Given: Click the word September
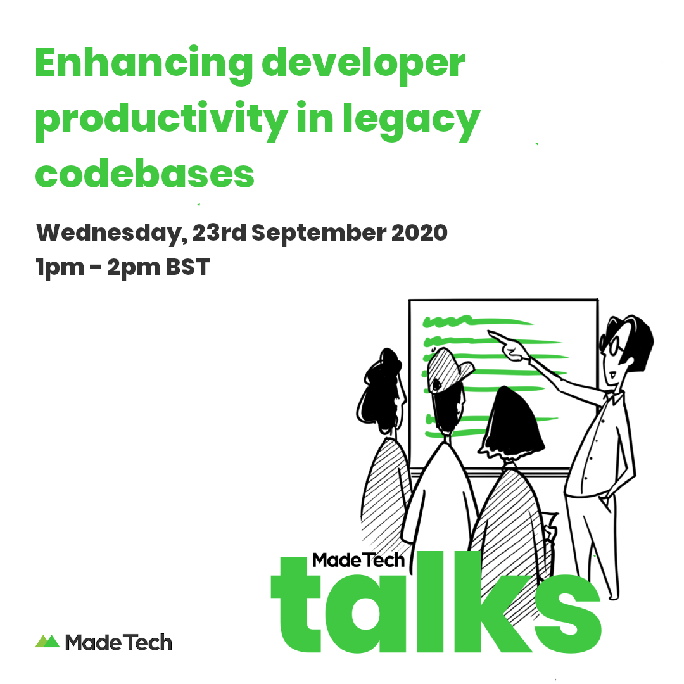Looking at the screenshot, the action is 319,233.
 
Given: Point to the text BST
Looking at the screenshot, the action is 187,267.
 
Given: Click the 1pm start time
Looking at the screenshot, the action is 60,268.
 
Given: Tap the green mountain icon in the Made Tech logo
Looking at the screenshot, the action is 47,641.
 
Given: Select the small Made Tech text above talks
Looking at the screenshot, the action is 358,560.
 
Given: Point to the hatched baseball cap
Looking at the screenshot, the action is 448,370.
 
